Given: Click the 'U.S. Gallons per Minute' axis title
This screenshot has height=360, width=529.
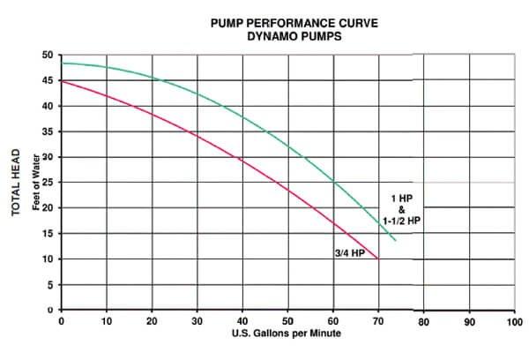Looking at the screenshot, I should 287,334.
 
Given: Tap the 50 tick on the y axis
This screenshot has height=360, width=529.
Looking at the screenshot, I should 48,55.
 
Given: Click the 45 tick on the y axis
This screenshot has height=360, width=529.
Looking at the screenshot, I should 48,80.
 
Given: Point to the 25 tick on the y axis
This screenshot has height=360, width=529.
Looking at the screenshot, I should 48,183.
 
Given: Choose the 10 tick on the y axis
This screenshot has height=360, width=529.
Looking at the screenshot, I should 48,259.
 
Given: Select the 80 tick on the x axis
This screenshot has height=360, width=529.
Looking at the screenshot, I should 424,321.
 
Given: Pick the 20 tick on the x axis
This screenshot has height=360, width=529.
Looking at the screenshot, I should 152,321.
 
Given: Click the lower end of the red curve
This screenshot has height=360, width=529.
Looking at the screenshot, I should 377,259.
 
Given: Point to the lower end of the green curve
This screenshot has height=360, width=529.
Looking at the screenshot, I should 395,240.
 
